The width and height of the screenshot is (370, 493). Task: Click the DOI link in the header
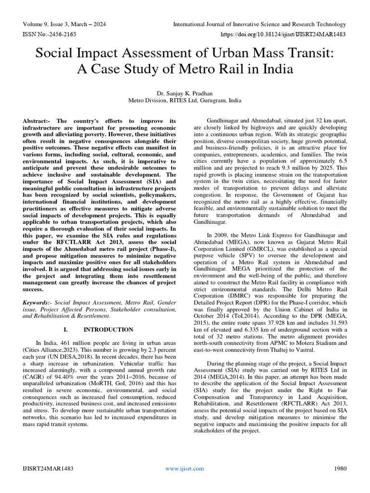click(x=283, y=35)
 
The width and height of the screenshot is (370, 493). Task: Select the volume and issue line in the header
click(x=64, y=24)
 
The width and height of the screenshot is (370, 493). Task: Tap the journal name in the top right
click(x=259, y=24)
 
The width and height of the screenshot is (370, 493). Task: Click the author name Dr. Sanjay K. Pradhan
click(x=185, y=93)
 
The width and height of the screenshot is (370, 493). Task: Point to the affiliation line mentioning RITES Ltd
click(x=185, y=101)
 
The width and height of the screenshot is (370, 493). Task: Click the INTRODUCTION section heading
click(x=108, y=330)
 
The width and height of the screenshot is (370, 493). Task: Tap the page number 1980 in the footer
click(x=340, y=468)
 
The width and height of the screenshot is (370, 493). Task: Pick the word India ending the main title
click(x=276, y=69)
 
